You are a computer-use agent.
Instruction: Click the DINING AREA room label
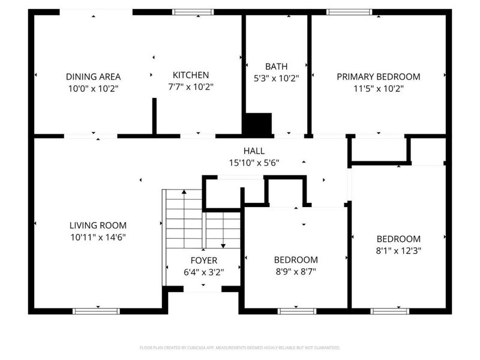(94, 77)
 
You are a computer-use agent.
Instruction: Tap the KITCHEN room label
(191, 75)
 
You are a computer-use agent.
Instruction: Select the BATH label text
(276, 67)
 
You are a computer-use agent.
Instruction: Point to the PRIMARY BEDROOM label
(379, 77)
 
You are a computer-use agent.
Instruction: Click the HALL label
(254, 151)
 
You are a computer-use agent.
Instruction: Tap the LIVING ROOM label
(98, 226)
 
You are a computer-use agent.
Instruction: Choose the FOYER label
(204, 260)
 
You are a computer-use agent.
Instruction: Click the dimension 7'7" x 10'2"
(191, 87)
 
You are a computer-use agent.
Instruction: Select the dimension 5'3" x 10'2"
(276, 79)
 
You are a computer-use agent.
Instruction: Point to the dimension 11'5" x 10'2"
(379, 88)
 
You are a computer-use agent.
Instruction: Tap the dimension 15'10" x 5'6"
(254, 163)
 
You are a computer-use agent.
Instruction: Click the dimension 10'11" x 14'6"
(98, 237)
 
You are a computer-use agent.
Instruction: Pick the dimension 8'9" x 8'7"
(296, 272)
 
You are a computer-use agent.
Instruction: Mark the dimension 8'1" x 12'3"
(398, 251)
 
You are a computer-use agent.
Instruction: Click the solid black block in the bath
(258, 124)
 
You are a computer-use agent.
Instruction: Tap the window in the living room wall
(96, 311)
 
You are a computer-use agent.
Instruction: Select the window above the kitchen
(193, 12)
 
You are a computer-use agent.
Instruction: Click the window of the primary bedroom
(349, 12)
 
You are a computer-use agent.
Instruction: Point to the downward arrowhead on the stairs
(223, 246)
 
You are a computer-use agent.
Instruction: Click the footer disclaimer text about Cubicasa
(239, 347)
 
